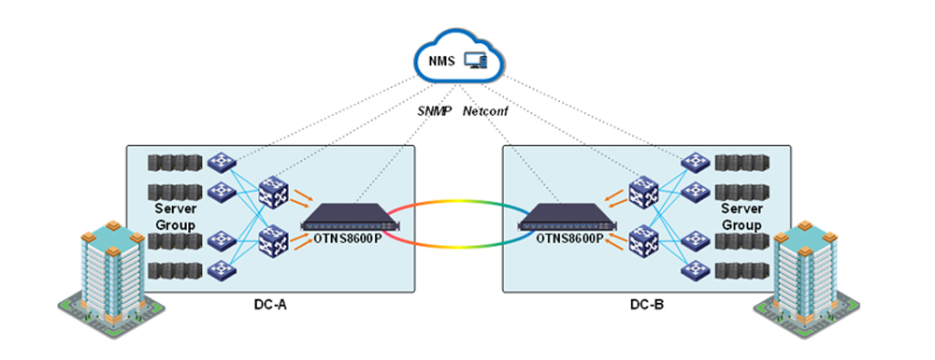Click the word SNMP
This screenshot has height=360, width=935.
433,109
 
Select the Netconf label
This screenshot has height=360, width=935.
485,109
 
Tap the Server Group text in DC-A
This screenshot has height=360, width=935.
175,217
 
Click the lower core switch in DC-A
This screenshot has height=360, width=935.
273,245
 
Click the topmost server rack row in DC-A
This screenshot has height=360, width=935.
174,163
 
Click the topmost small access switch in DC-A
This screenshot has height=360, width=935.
223,163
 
